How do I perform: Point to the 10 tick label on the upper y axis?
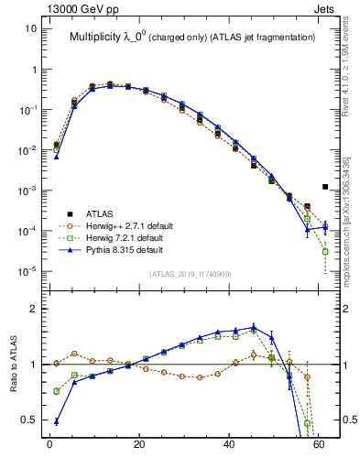(30, 28)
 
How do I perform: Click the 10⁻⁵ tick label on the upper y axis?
(27, 271)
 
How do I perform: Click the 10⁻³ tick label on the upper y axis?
(27, 191)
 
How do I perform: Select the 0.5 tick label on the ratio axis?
(27, 420)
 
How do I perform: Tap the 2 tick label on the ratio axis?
(34, 310)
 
